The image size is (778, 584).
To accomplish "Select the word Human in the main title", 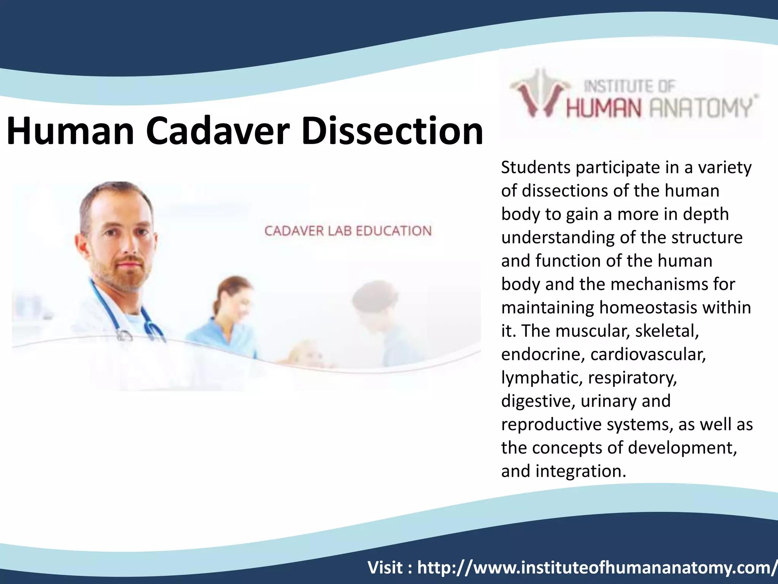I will [x=70, y=131].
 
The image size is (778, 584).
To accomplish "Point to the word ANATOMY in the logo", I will [x=701, y=108].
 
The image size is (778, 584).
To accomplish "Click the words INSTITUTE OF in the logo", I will [x=629, y=86].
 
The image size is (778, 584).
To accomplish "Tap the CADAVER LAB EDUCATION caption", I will [x=348, y=231].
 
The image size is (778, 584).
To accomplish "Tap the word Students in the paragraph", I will [x=535, y=168].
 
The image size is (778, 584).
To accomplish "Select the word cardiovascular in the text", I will [x=648, y=354].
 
